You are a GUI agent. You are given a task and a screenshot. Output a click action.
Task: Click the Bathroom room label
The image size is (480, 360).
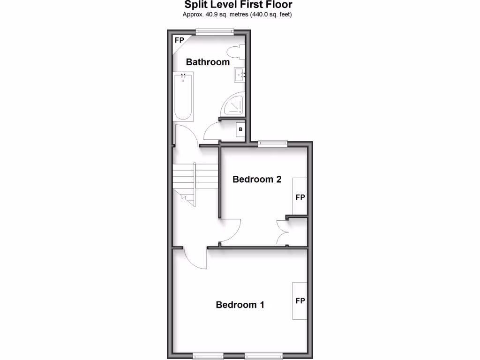tap(208, 62)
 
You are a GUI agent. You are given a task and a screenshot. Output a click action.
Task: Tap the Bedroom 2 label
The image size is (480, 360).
tap(257, 179)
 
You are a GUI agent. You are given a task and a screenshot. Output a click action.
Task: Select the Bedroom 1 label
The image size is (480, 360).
tap(240, 305)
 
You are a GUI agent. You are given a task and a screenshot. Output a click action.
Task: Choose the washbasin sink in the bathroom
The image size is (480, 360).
tap(240, 74)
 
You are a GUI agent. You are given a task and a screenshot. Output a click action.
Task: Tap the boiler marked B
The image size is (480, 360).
tap(240, 129)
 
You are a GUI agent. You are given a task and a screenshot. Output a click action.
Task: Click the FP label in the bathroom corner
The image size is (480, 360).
tap(179, 40)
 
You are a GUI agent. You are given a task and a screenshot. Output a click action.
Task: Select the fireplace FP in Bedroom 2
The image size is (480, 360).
tap(300, 197)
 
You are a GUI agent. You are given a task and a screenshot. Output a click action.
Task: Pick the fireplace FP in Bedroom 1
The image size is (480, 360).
tap(300, 300)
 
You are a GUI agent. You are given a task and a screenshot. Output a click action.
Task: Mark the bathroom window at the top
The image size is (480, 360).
tap(215, 32)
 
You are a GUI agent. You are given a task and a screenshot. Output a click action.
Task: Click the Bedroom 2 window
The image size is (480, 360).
tap(273, 143)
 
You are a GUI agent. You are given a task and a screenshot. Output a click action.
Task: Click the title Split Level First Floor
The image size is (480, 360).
tap(238, 5)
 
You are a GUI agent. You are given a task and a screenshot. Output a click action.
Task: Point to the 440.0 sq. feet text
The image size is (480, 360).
tap(273, 15)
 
